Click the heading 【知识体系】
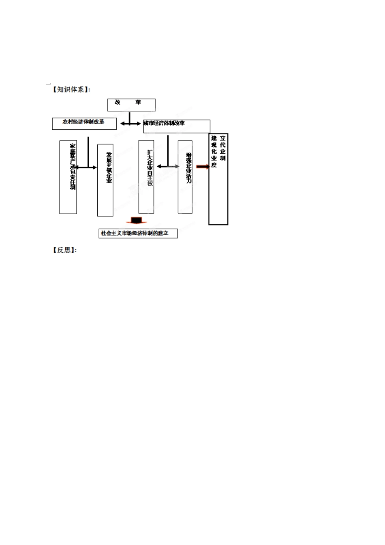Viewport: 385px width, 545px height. click(71, 90)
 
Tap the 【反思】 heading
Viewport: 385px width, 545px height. click(64, 250)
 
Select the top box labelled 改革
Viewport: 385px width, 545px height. click(131, 105)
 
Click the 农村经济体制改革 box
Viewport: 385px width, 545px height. click(84, 123)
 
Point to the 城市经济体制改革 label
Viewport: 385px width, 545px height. click(164, 123)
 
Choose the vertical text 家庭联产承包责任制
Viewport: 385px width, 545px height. click(73, 166)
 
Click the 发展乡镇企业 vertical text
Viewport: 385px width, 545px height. click(109, 167)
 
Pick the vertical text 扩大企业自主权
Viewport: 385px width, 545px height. click(150, 167)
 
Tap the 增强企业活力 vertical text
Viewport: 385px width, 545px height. click(189, 167)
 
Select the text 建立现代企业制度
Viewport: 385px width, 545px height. click(218, 151)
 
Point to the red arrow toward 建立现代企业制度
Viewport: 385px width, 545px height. click(203, 167)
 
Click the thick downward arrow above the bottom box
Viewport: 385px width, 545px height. click(136, 221)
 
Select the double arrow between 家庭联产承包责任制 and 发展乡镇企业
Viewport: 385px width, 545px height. click(86, 167)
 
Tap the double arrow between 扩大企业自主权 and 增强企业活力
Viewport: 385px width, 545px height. click(168, 166)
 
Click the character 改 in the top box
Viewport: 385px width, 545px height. click(118, 102)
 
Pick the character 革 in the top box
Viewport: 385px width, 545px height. click(138, 102)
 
